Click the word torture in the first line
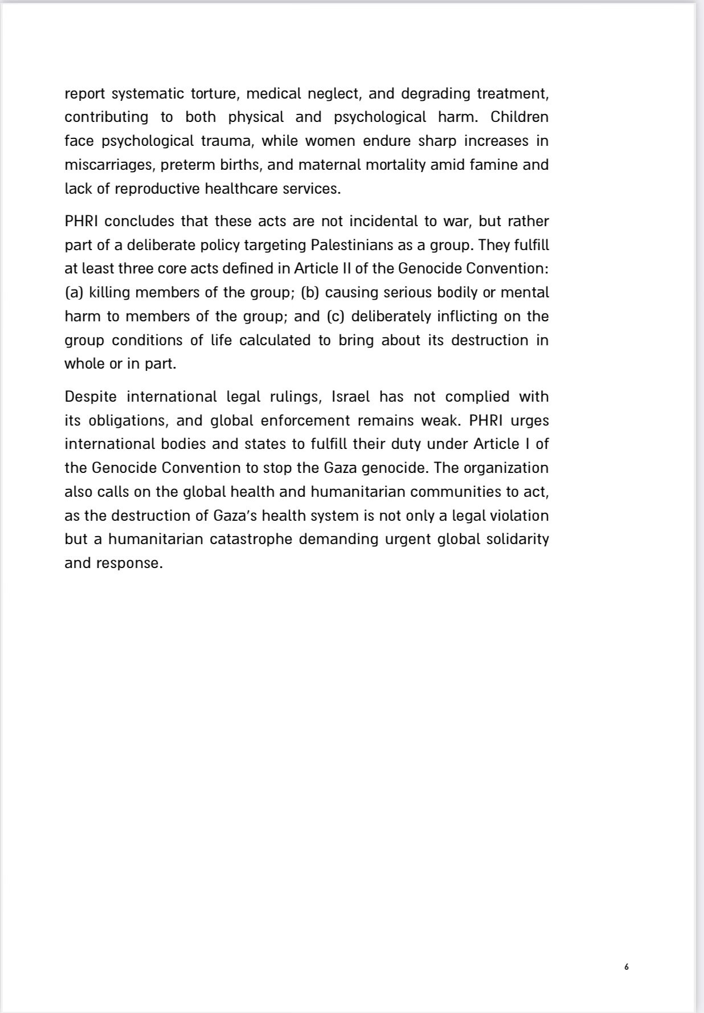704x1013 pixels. (214, 93)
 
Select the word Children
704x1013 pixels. (519, 117)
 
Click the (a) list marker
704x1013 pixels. (74, 292)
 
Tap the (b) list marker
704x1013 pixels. (310, 292)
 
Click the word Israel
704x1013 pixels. (351, 397)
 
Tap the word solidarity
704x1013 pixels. (517, 539)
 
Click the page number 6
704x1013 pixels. (627, 967)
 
